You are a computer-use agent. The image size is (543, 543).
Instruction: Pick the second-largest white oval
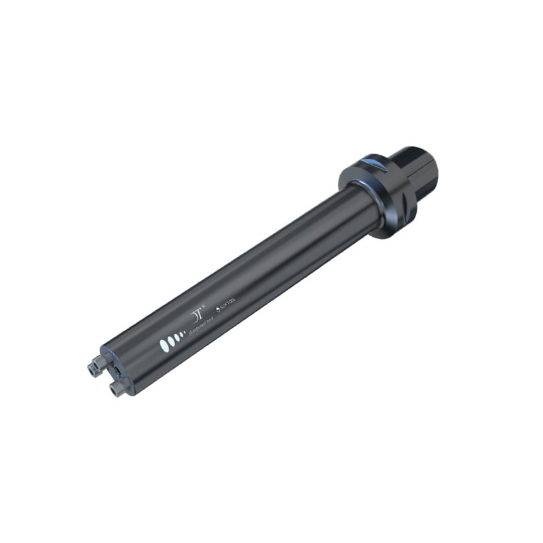pos(171,339)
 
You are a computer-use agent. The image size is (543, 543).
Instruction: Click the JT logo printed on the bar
pos(198,315)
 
